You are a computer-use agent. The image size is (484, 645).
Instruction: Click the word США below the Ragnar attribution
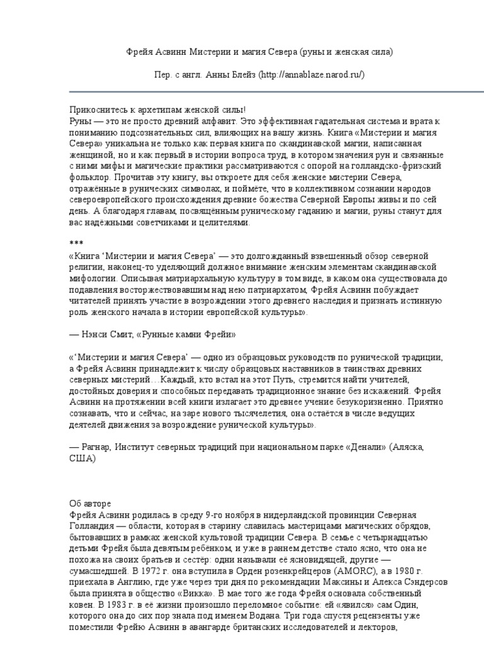[82, 459]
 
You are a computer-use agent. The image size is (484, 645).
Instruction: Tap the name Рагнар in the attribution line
[95, 447]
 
